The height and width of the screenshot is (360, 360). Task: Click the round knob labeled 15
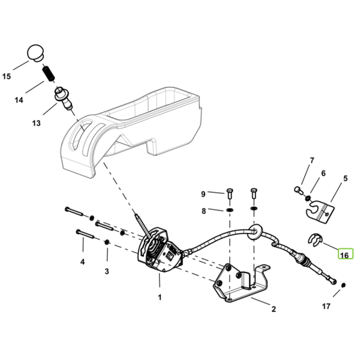[36, 53]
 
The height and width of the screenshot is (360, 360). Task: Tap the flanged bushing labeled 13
[63, 98]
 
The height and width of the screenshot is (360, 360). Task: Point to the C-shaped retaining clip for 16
[315, 239]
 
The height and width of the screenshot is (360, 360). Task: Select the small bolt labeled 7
[298, 190]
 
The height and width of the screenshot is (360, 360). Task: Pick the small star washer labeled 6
[308, 197]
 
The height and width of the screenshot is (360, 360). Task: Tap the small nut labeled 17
[343, 285]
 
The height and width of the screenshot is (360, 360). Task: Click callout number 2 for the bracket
[274, 309]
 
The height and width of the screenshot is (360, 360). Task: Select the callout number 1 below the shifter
[160, 298]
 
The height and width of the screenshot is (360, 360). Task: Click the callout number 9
[203, 194]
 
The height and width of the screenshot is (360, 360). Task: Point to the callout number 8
[203, 211]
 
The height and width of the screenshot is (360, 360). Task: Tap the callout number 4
[82, 261]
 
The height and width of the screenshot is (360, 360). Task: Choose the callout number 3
[107, 271]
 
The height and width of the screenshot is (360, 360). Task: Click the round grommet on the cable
[256, 231]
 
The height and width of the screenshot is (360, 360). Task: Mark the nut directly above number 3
[107, 242]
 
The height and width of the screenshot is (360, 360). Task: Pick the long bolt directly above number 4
[85, 233]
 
